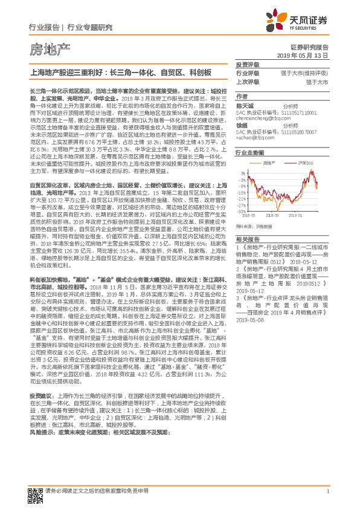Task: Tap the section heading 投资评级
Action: pyautogui.click(x=247, y=64)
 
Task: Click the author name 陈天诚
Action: pyautogui.click(x=243, y=105)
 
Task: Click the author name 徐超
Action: pyautogui.click(x=241, y=125)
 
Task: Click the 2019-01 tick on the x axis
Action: pyautogui.click(x=297, y=215)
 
